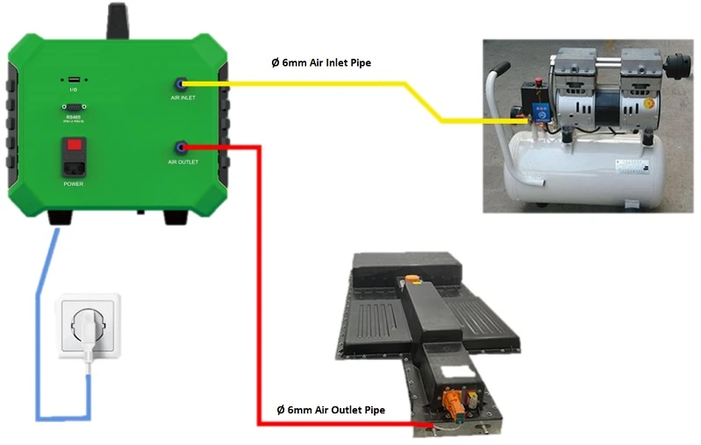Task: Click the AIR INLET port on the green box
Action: click(x=181, y=83)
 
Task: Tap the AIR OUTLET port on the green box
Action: click(x=182, y=147)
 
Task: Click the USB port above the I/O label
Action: click(x=74, y=82)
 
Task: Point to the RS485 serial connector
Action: click(x=74, y=108)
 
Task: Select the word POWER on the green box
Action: click(x=74, y=184)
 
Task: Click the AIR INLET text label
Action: click(x=182, y=97)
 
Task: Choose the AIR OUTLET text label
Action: click(x=183, y=162)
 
